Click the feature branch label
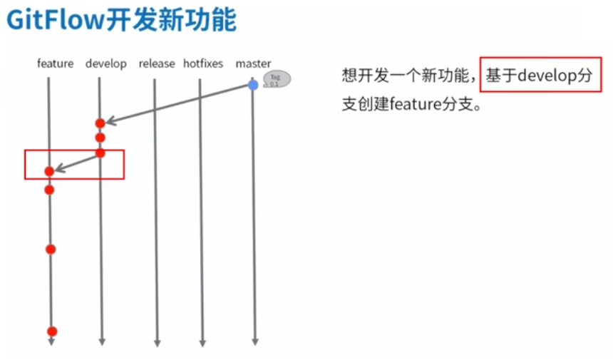[x=55, y=64]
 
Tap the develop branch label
[x=105, y=64]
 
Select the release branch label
[x=157, y=64]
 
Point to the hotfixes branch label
[x=203, y=64]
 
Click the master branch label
[x=253, y=64]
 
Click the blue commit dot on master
[x=253, y=85]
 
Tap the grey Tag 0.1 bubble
[x=276, y=79]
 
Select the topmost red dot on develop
[x=100, y=123]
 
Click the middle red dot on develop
[x=100, y=138]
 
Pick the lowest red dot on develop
[x=100, y=153]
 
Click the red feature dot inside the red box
[x=49, y=171]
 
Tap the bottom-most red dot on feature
[x=51, y=331]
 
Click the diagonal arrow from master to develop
[x=178, y=103]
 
